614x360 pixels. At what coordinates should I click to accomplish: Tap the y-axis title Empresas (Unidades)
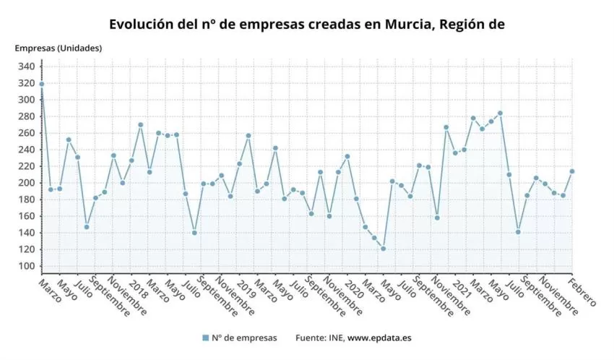pos(59,48)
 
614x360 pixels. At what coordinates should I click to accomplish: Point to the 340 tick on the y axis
pos(26,67)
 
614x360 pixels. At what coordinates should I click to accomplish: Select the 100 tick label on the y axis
pos(26,266)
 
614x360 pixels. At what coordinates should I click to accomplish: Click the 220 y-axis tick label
pos(26,166)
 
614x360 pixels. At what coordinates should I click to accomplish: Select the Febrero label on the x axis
pos(581,291)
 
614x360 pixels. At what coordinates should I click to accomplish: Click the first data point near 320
pos(42,84)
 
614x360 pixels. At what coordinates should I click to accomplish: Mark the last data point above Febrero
pos(572,171)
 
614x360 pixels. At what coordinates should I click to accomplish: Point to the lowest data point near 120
pos(383,249)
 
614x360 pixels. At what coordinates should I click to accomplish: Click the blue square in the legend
pos(205,338)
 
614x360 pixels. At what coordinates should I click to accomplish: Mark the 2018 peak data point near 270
pos(140,124)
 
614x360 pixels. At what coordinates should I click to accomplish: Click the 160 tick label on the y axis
pos(26,216)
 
